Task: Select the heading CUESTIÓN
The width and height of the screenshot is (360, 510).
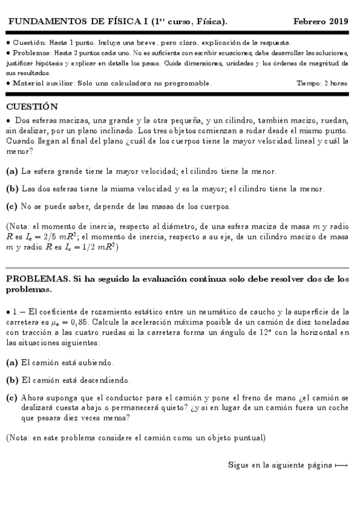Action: pyautogui.click(x=32, y=106)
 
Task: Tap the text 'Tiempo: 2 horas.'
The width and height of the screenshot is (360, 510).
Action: pyautogui.click(x=323, y=83)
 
